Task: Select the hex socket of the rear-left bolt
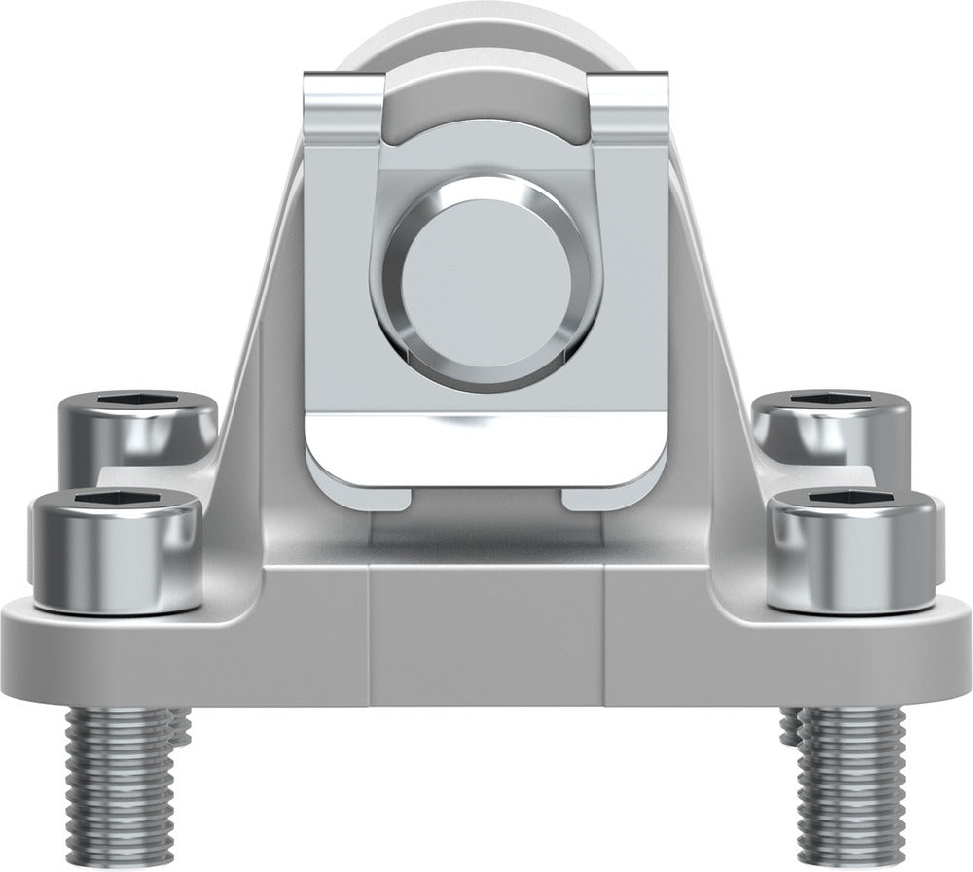point(138,401)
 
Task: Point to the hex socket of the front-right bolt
point(853,502)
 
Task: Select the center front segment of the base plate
point(486,637)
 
